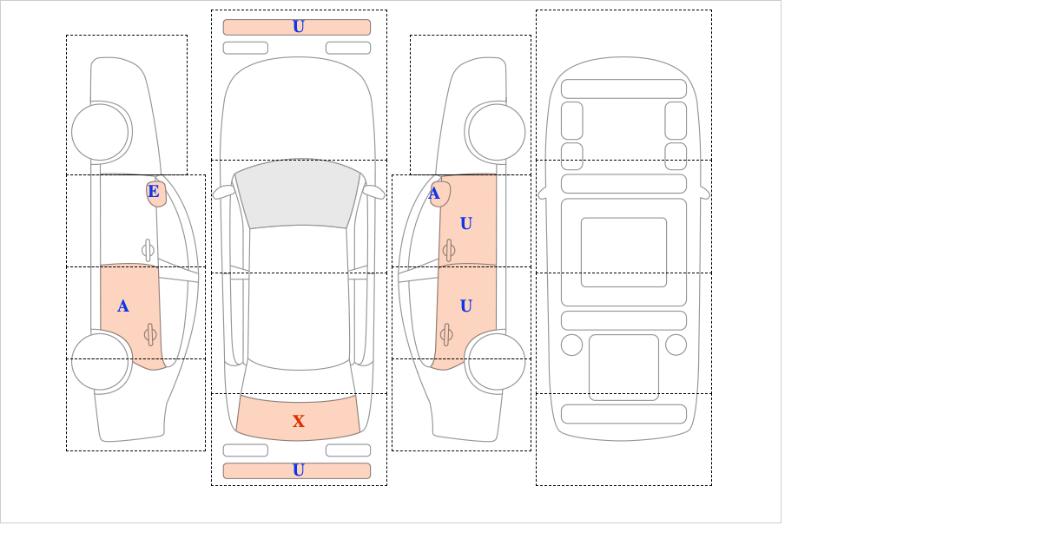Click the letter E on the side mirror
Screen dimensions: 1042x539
154,192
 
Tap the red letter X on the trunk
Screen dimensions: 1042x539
299,421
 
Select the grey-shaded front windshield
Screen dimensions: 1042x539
298,194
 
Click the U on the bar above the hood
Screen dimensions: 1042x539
299,27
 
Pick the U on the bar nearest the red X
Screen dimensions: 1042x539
299,470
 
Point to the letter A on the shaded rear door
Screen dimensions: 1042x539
122,306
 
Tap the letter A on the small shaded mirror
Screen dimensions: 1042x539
434,194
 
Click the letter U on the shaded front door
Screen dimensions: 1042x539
466,224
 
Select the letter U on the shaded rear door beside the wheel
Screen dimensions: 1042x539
466,306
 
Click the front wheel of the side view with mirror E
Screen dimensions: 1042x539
100,132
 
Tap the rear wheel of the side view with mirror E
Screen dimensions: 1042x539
100,361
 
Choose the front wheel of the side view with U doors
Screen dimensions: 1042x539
497,132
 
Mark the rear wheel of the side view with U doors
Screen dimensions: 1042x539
497,361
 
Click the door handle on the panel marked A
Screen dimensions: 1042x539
150,334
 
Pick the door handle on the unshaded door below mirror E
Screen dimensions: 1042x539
148,251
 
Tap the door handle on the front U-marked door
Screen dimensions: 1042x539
448,251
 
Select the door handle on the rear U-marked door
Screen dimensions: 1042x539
446,334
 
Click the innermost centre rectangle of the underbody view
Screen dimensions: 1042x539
623,252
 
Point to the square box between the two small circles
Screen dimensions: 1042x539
623,367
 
